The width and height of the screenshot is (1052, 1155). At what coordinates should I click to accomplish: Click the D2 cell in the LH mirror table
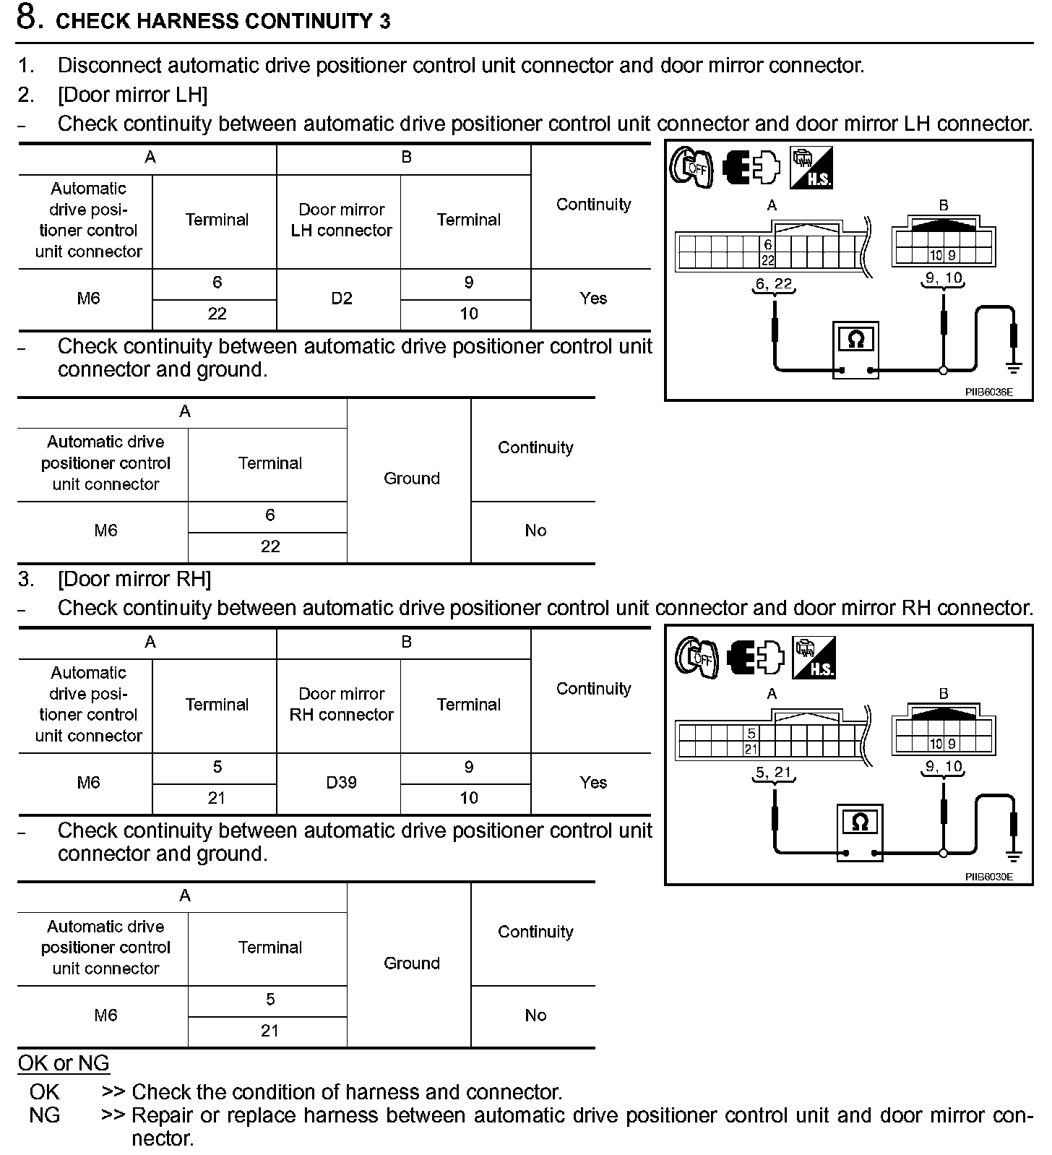[x=341, y=299]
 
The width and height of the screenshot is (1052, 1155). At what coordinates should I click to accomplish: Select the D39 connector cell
[x=341, y=783]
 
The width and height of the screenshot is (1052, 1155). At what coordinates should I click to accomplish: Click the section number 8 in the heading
[x=27, y=19]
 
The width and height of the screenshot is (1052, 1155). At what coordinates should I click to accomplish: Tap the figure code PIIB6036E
[x=988, y=392]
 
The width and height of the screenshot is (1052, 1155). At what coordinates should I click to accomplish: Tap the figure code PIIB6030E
[x=988, y=877]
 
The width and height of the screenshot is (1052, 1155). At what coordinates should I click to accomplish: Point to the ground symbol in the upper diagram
[x=1014, y=368]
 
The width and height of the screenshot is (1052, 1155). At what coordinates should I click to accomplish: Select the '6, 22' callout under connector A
[x=773, y=284]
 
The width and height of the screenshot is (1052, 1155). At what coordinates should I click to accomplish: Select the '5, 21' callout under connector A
[x=773, y=773]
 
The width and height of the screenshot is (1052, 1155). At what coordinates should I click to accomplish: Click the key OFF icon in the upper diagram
[x=691, y=168]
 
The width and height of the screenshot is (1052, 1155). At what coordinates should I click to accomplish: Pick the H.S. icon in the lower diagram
[x=814, y=657]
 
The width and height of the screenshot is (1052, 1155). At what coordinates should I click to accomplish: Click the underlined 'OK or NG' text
[x=64, y=1063]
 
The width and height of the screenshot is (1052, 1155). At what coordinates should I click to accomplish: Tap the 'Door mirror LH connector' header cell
[x=341, y=220]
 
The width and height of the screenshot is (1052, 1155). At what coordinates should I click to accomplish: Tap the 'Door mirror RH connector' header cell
[x=341, y=704]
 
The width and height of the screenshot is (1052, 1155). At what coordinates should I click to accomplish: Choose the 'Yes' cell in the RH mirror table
[x=593, y=783]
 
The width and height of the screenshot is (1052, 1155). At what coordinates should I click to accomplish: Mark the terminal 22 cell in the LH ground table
[x=270, y=547]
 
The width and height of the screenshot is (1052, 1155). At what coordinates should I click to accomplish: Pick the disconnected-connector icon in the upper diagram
[x=751, y=167]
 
